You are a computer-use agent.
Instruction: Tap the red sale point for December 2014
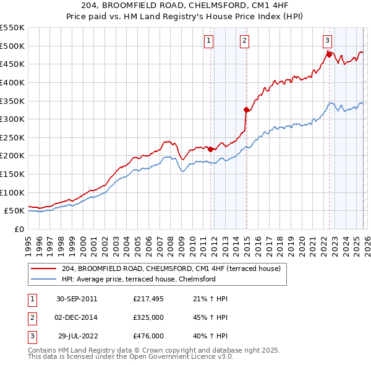[246, 110]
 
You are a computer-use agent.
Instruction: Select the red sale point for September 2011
[211, 149]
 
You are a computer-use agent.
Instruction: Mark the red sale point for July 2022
[329, 54]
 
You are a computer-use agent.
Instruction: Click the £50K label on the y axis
[14, 211]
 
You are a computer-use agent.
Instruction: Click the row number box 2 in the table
[30, 317]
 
